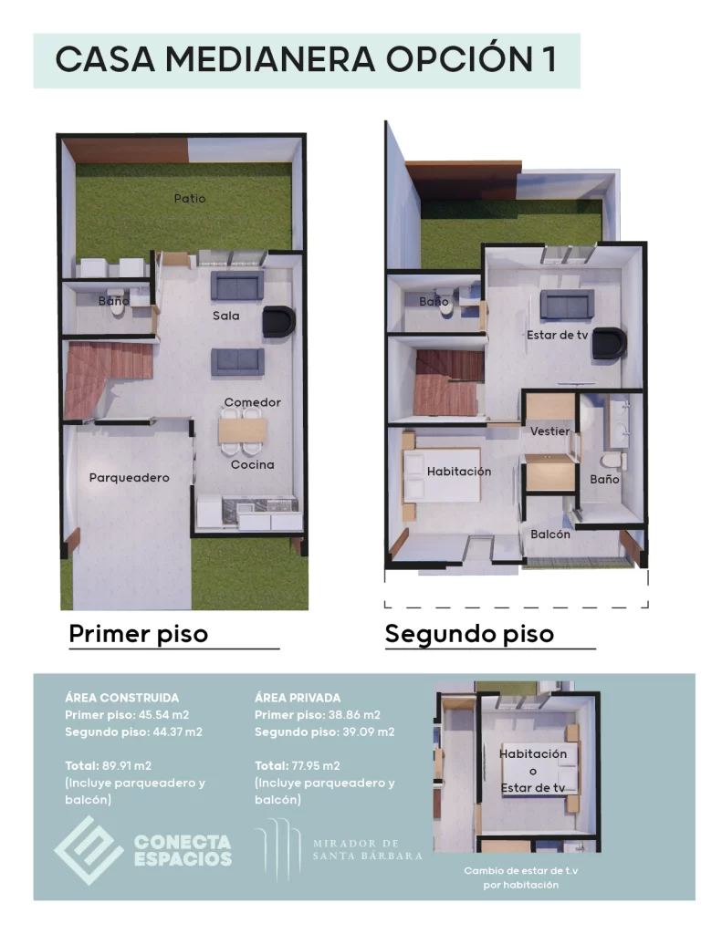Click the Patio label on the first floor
coord(190,198)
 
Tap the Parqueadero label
coord(129,477)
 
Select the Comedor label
coord(252,402)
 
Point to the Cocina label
coord(252,464)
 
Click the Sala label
coord(226,317)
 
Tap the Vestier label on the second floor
coord(550,431)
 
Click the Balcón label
coord(550,534)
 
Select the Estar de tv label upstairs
coord(557,335)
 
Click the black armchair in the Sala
coord(278,321)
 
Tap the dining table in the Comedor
coord(242,429)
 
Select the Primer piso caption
coord(139,633)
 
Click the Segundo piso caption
coord(469,633)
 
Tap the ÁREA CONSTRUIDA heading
coord(122,698)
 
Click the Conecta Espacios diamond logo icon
coord(88,849)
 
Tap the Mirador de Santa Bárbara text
coord(367,849)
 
